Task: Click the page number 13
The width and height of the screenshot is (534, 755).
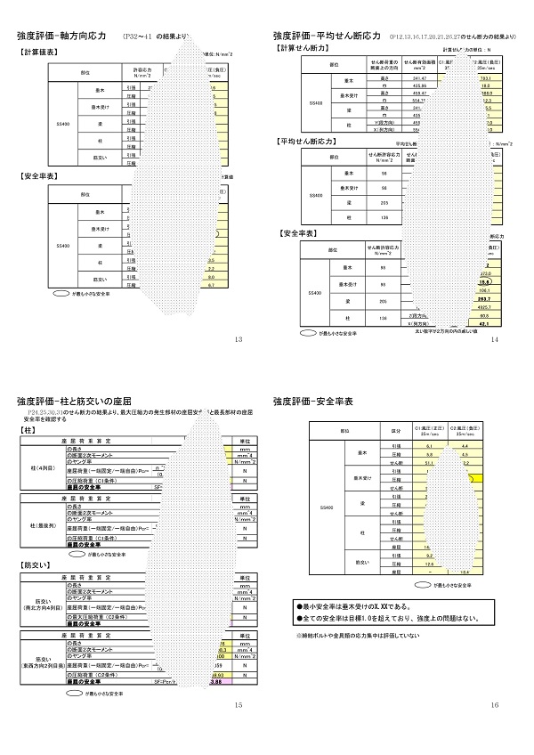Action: click(238, 339)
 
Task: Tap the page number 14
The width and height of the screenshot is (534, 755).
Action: click(494, 339)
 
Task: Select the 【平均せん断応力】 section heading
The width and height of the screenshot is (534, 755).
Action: click(307, 142)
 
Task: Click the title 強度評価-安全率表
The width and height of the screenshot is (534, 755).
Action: click(313, 402)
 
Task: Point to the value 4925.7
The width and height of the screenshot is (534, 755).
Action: click(484, 307)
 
